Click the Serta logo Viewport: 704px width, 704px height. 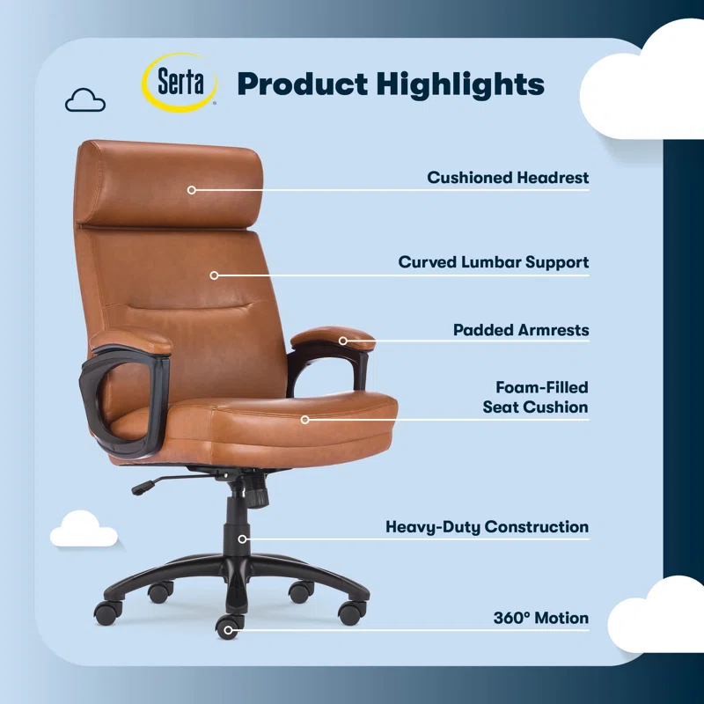[x=180, y=83]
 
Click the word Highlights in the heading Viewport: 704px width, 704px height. [x=460, y=84]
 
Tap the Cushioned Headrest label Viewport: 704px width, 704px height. [x=508, y=178]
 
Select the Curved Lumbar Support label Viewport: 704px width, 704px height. [x=493, y=262]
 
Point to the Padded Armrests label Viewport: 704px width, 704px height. [x=521, y=331]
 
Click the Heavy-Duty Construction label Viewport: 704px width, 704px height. [x=487, y=527]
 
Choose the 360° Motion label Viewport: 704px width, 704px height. [x=540, y=619]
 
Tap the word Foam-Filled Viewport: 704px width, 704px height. [x=541, y=387]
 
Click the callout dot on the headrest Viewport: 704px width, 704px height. [x=191, y=189]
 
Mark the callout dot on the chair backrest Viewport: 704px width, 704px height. [x=214, y=275]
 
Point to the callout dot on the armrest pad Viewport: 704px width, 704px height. [x=343, y=340]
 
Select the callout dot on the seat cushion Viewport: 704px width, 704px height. [x=305, y=420]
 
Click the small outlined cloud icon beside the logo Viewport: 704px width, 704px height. [x=85, y=100]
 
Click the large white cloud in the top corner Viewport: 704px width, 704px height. [x=647, y=84]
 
